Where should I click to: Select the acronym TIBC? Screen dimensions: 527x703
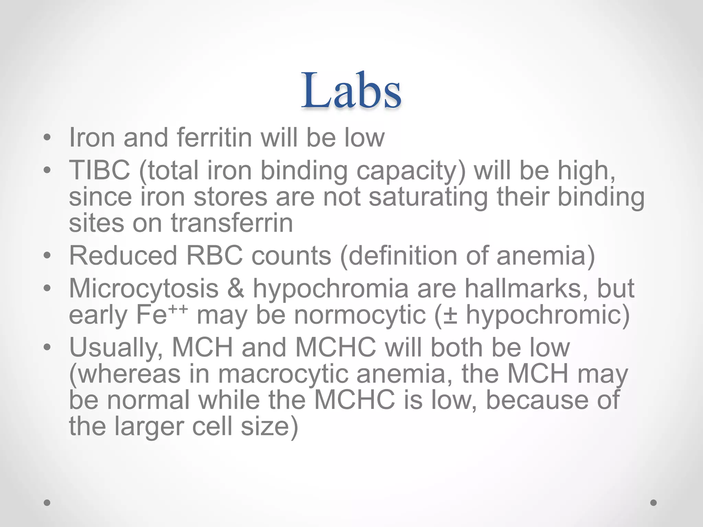click(100, 170)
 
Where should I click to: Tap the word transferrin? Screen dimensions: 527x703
click(232, 223)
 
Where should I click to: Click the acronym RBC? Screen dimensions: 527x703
click(214, 256)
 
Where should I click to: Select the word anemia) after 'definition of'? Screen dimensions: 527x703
click(546, 256)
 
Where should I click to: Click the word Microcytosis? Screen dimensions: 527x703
click(144, 288)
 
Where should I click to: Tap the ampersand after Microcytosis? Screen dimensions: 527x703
click(236, 288)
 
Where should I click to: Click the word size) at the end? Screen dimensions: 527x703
click(269, 426)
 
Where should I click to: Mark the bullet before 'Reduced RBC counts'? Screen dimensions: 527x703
click(47, 256)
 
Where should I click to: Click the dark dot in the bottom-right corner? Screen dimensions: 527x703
click(654, 503)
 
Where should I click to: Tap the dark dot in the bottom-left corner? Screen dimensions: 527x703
click(47, 503)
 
